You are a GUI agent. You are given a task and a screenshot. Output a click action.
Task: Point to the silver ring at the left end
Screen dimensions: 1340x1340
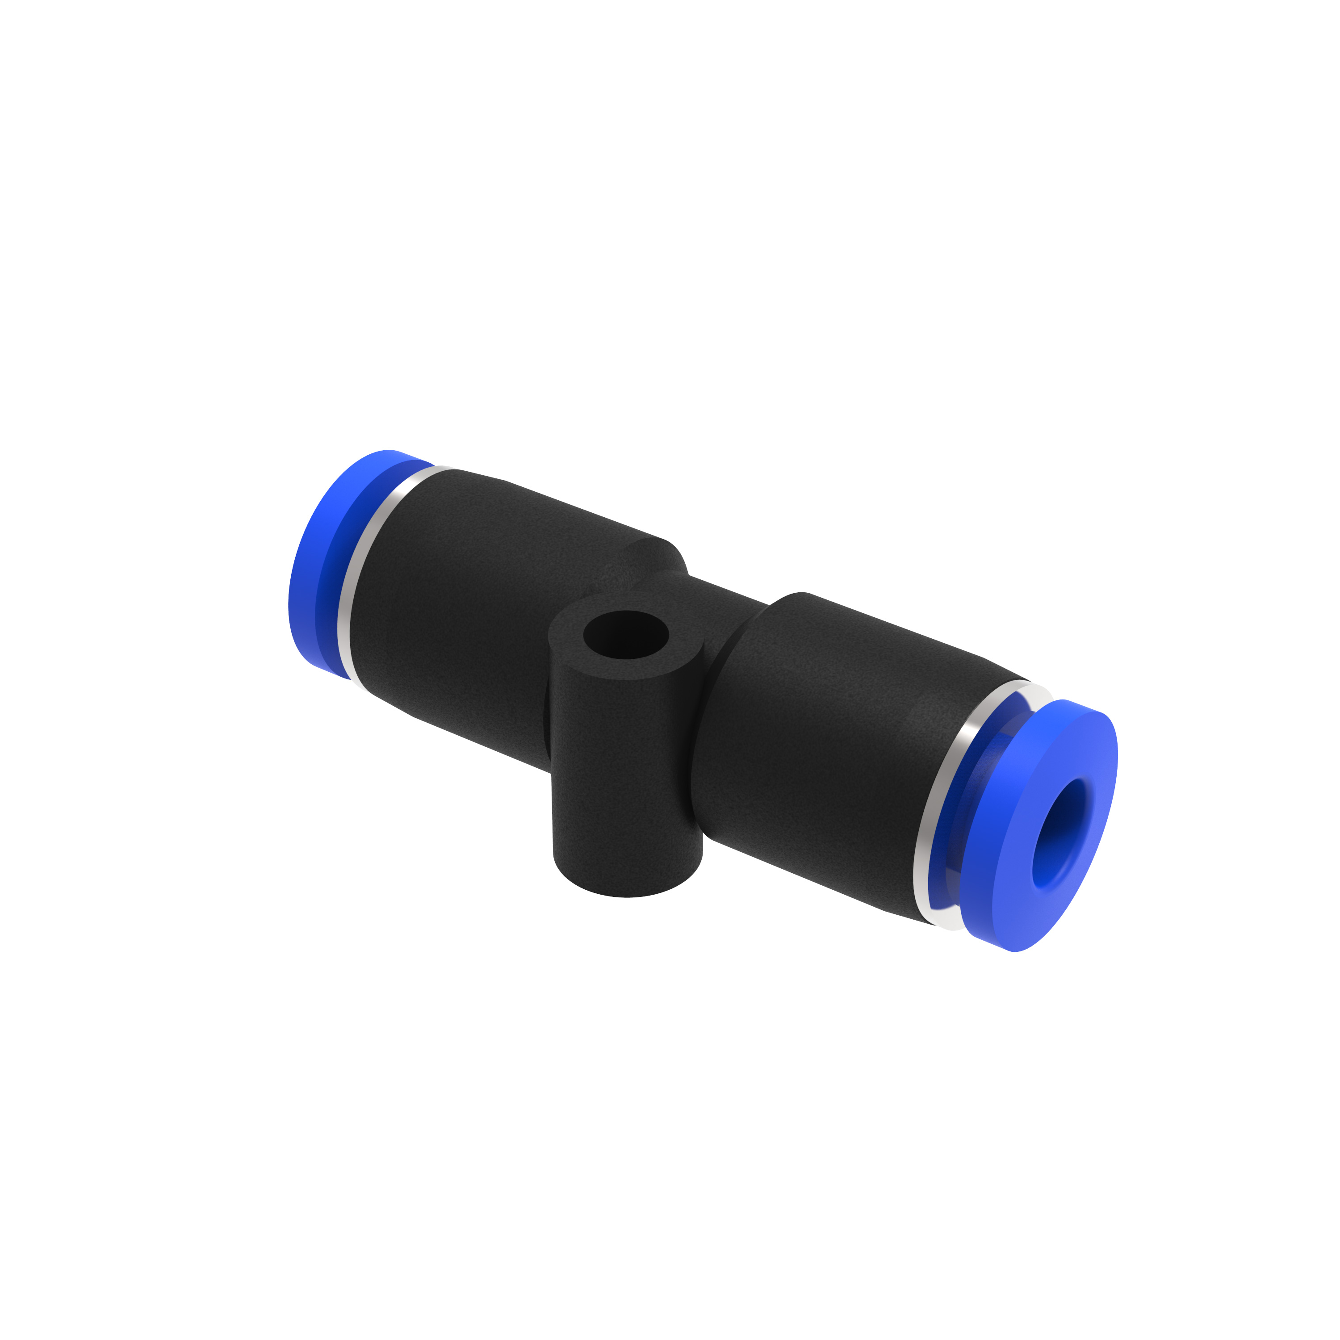click(354, 576)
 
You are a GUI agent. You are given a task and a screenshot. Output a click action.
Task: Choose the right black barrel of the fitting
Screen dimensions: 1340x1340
click(832, 735)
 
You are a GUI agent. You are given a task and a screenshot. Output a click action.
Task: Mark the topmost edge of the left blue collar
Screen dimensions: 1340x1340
click(389, 452)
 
